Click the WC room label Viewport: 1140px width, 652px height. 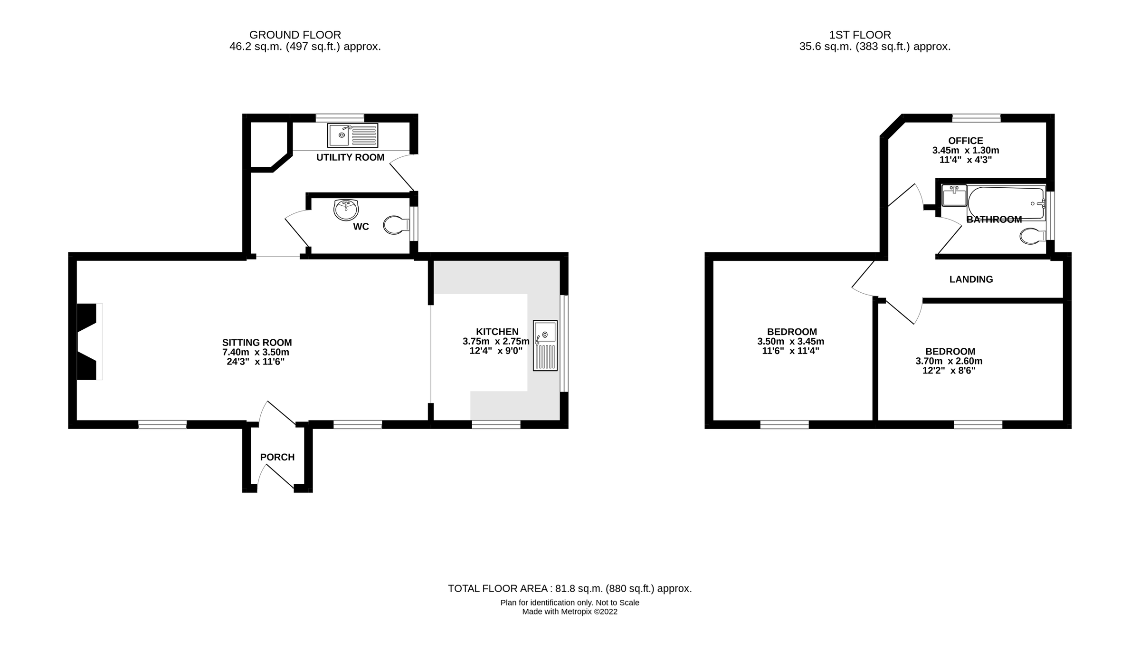tap(361, 227)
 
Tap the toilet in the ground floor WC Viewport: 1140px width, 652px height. tap(396, 225)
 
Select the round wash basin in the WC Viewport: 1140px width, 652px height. tap(346, 210)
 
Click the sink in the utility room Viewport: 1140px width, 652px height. tap(352, 135)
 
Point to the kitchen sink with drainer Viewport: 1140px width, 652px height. tap(545, 345)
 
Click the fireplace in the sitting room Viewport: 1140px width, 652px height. tap(87, 341)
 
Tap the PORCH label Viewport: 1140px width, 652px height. tap(277, 457)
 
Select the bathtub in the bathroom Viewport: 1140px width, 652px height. tap(1006, 203)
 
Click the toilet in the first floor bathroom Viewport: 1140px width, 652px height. tap(1032, 236)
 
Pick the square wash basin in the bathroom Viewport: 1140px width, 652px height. tap(954, 195)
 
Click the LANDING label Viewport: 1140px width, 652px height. tap(971, 279)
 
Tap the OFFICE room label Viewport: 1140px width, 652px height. tap(965, 141)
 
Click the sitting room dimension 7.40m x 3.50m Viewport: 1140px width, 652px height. tap(256, 352)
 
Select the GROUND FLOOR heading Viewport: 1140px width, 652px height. tap(295, 35)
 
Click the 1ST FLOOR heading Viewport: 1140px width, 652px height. tap(860, 35)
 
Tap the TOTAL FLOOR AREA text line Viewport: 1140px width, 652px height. tap(570, 588)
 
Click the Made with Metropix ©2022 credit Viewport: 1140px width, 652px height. tap(570, 612)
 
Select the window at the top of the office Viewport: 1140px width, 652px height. tap(976, 118)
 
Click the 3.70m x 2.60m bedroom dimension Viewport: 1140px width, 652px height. tap(949, 361)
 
